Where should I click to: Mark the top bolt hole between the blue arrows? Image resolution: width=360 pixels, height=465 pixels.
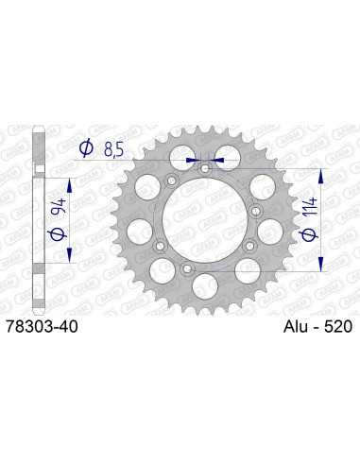[x=204, y=168]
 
